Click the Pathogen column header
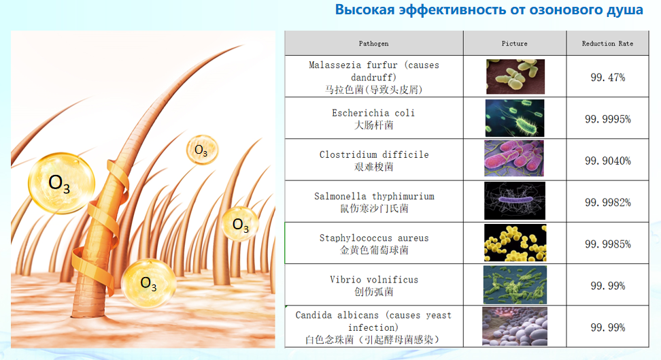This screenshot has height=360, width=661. click(x=373, y=44)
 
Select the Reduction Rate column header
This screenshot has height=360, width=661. click(x=607, y=44)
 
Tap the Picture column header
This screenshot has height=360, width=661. click(x=514, y=44)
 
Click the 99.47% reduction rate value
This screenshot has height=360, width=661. click(x=607, y=77)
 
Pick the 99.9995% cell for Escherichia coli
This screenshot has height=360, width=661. click(x=607, y=119)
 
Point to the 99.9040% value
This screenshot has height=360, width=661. click(x=607, y=161)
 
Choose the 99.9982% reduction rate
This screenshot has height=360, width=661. click(x=607, y=203)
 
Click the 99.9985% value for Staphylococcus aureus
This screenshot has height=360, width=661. click(x=607, y=244)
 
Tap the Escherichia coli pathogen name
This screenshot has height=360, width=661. click(x=373, y=113)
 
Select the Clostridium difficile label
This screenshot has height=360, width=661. click(x=374, y=154)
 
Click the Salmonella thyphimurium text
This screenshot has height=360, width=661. click(x=374, y=196)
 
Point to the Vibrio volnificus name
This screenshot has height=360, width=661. click(x=374, y=280)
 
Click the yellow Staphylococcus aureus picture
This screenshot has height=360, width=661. click(x=515, y=243)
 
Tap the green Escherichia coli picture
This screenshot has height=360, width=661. click(x=515, y=118)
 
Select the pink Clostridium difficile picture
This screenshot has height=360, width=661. click(x=514, y=159)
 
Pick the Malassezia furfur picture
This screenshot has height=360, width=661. click(x=515, y=76)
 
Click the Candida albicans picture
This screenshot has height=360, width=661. click(x=515, y=326)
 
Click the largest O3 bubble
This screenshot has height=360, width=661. click(x=62, y=183)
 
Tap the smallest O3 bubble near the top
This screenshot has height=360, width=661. click(x=203, y=150)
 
